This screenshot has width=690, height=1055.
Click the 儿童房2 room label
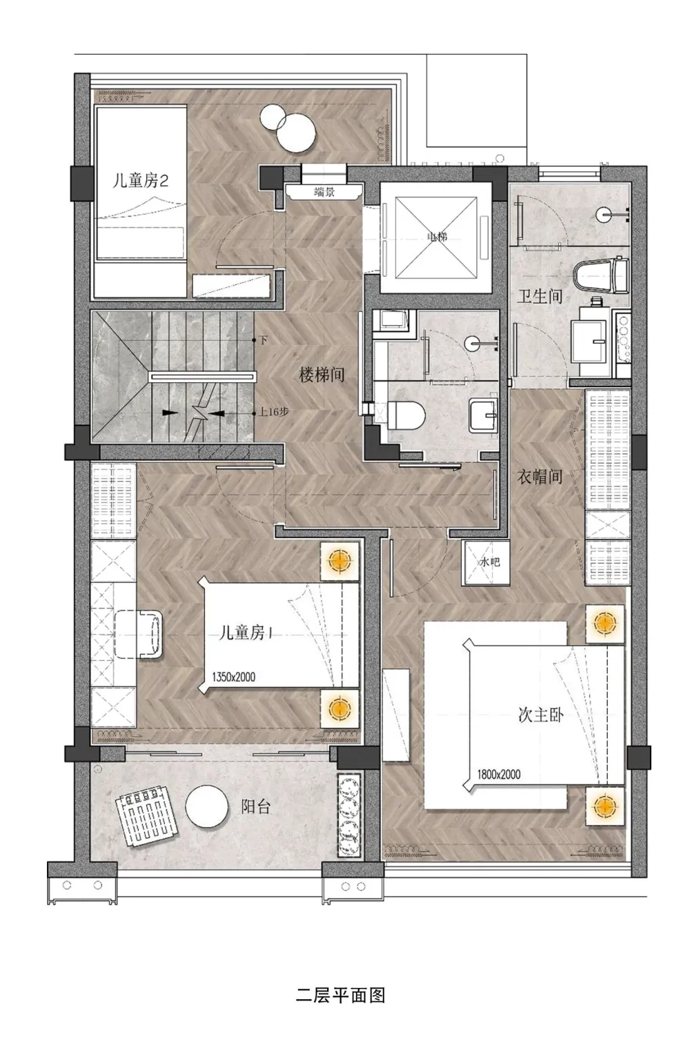coord(141,181)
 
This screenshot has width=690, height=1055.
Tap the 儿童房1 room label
coord(246,633)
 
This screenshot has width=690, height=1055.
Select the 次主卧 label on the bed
coord(540,715)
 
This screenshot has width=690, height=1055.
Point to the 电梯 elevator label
coord(437,237)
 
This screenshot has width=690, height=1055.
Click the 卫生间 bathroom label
coord(540,297)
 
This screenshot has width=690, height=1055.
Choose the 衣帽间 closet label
coord(540,476)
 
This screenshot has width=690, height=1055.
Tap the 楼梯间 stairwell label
coord(321,375)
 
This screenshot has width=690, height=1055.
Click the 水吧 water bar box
coord(489,562)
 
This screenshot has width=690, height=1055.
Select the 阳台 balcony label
coord(256,807)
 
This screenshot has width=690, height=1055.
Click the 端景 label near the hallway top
coord(324,193)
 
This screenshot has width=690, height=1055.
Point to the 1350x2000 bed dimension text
coord(233,677)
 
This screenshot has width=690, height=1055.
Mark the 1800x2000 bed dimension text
coord(499,774)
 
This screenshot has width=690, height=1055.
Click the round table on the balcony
coord(206,807)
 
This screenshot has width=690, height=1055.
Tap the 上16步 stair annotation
coord(274,413)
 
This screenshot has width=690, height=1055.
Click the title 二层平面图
coord(340,995)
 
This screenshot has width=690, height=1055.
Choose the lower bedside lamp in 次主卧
coord(604,805)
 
